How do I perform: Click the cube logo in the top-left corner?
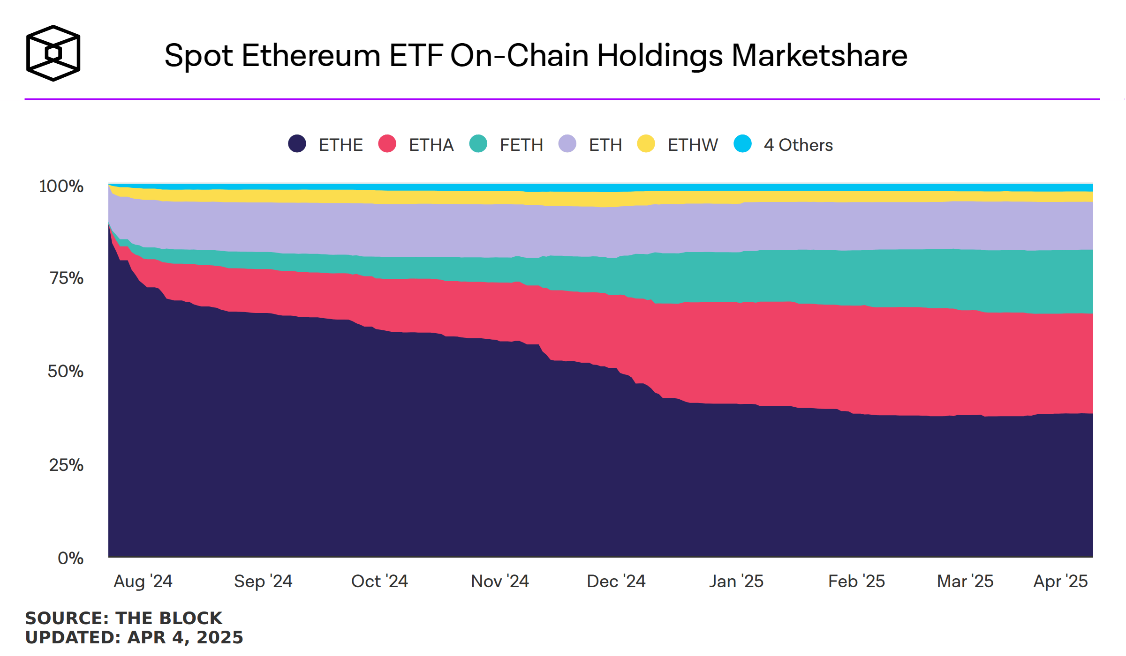pyautogui.click(x=53, y=53)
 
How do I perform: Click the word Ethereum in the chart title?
pyautogui.click(x=310, y=56)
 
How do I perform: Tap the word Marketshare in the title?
pyautogui.click(x=819, y=56)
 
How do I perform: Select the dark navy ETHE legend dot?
pyautogui.click(x=297, y=144)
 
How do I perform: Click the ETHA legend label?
pyautogui.click(x=431, y=145)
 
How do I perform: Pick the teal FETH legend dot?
pyautogui.click(x=478, y=144)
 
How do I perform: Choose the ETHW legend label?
pyautogui.click(x=693, y=145)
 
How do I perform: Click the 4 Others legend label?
pyautogui.click(x=798, y=145)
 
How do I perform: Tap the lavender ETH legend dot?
pyautogui.click(x=567, y=144)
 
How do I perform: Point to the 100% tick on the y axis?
pyautogui.click(x=61, y=186)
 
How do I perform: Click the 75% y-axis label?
pyautogui.click(x=67, y=278)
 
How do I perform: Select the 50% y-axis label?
pyautogui.click(x=66, y=372)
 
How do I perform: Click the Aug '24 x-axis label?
pyautogui.click(x=143, y=581)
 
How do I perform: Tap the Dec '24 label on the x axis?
pyautogui.click(x=616, y=581)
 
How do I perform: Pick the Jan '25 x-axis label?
pyautogui.click(x=736, y=581)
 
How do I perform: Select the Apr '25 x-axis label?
pyautogui.click(x=1060, y=581)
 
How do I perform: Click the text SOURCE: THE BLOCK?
pyautogui.click(x=124, y=619)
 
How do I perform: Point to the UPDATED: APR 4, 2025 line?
pyautogui.click(x=134, y=638)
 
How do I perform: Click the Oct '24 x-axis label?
pyautogui.click(x=379, y=581)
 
